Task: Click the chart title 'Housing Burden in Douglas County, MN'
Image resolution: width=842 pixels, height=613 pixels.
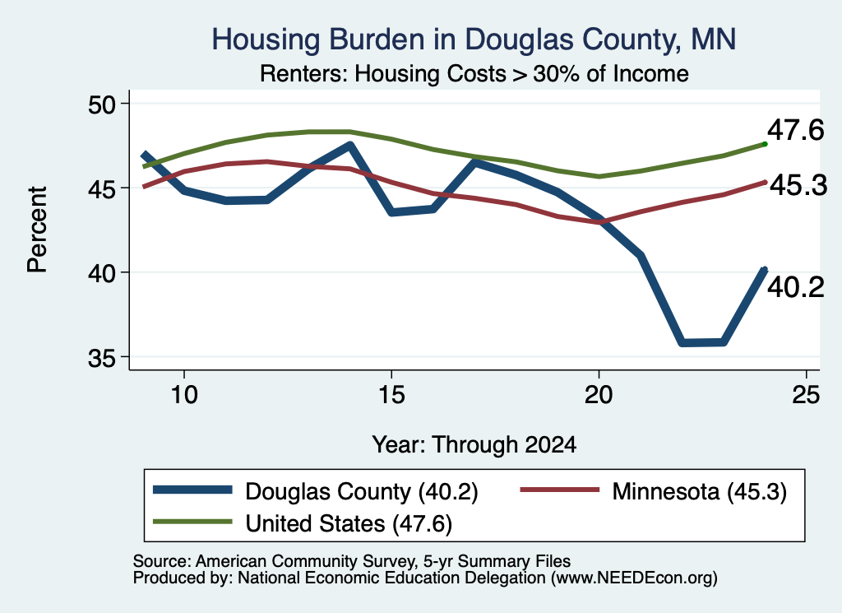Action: tap(474, 39)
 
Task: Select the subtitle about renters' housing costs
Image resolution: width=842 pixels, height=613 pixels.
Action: tap(474, 73)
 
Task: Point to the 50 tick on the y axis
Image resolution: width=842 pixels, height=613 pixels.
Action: tap(102, 104)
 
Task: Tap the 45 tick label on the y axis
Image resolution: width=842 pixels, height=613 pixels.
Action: tap(102, 188)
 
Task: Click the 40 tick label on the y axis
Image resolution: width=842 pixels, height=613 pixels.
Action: tap(102, 273)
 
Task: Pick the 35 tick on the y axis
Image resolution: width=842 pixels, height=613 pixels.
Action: tap(102, 358)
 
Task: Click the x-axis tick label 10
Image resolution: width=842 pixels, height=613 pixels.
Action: tap(184, 395)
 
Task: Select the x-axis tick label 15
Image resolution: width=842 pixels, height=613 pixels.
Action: tap(391, 395)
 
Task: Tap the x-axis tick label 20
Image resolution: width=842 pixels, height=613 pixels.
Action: tap(599, 395)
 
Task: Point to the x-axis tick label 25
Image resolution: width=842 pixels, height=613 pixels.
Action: tap(806, 395)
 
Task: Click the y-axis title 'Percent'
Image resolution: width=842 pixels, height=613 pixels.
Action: tap(37, 230)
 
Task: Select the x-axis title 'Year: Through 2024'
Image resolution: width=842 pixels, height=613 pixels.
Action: tap(474, 445)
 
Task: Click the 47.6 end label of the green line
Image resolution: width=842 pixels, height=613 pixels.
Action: tap(795, 131)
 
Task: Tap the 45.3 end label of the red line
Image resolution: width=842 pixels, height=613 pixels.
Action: tap(798, 186)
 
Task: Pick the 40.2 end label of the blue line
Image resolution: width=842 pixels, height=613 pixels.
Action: tap(795, 287)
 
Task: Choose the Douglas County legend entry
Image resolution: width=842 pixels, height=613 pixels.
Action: tap(315, 491)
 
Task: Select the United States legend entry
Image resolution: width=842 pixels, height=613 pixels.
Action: tap(303, 523)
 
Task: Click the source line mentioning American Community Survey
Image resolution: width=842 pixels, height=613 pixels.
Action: tap(352, 561)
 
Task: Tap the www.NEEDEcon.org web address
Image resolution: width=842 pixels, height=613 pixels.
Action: tap(634, 578)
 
